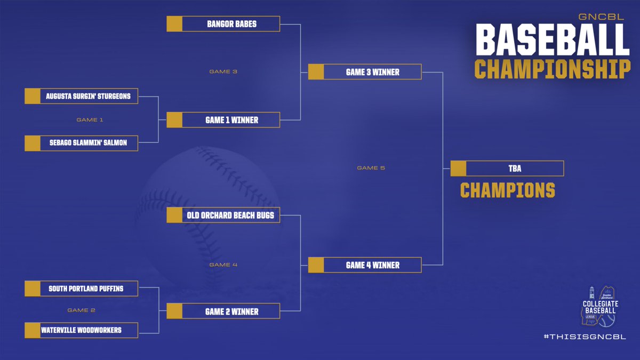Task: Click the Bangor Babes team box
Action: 223,24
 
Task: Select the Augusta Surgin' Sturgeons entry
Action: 82,96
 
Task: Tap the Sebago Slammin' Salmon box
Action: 82,143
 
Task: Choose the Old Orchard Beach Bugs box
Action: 223,215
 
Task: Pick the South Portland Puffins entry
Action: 82,289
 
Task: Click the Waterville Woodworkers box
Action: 82,330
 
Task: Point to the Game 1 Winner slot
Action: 223,120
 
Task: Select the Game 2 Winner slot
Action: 223,311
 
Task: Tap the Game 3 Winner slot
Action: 365,72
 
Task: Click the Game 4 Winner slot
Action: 365,265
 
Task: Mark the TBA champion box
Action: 507,169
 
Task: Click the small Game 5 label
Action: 371,168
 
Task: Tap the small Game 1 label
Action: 90,120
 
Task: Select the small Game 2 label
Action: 82,310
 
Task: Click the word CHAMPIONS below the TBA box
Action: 507,190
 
